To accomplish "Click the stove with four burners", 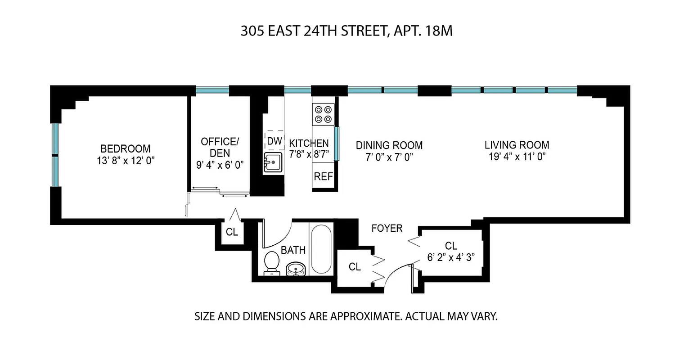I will click(x=324, y=114).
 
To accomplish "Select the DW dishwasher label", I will click(x=274, y=141).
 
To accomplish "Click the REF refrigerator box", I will click(x=323, y=176).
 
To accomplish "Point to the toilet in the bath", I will click(x=271, y=263).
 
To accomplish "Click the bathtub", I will click(x=321, y=249).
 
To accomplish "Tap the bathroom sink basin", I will click(x=296, y=269).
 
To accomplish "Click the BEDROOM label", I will click(x=126, y=148).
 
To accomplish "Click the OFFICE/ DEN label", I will click(x=220, y=147).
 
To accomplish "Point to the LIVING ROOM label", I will click(x=517, y=145).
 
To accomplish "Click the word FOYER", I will click(x=387, y=229).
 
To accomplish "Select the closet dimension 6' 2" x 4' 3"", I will click(x=451, y=258).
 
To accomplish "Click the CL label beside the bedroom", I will click(x=232, y=232).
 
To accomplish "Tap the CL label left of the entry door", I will click(x=355, y=267).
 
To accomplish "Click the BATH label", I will click(x=293, y=250).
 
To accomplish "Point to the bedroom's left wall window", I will click(x=55, y=154).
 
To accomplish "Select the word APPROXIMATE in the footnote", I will click(x=364, y=316).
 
